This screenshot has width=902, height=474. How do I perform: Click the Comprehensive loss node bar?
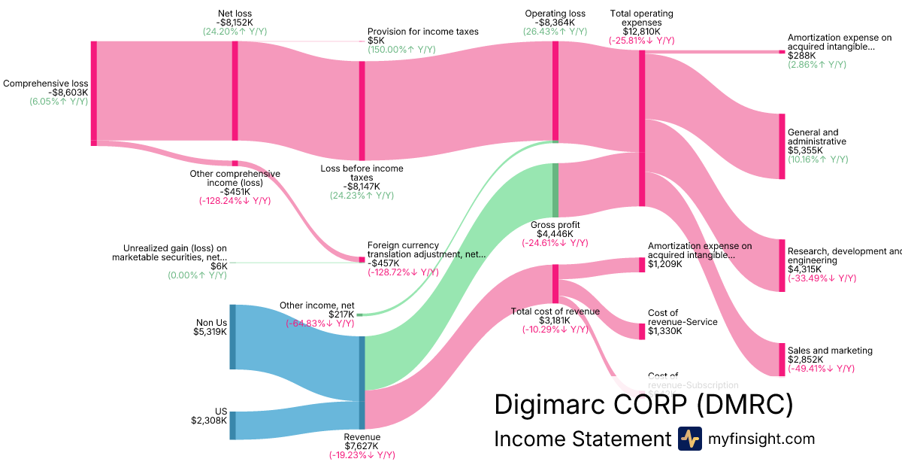click(x=94, y=92)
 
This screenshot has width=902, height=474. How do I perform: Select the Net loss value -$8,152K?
click(x=235, y=23)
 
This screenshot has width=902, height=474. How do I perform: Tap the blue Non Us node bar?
click(x=232, y=336)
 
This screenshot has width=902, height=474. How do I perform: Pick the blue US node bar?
click(x=232, y=425)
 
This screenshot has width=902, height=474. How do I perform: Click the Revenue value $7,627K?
click(x=362, y=446)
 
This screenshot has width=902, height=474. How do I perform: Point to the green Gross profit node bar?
click(x=555, y=190)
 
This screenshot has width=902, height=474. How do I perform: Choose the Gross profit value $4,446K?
click(x=555, y=233)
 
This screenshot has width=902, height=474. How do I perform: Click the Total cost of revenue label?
click(x=555, y=311)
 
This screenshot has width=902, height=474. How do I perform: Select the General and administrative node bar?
click(x=782, y=146)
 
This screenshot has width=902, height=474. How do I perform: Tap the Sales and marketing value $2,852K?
click(x=805, y=360)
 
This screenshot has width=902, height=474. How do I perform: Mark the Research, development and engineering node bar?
click(x=782, y=265)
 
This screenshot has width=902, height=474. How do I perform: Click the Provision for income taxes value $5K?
click(x=375, y=41)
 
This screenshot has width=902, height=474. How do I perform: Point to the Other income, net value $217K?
click(x=341, y=314)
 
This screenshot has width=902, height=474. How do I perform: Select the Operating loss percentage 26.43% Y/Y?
click(x=555, y=32)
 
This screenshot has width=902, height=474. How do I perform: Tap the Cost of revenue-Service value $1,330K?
click(x=664, y=331)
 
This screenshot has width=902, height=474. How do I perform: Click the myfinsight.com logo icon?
click(x=689, y=439)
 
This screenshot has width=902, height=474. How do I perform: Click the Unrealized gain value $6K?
click(x=219, y=266)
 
